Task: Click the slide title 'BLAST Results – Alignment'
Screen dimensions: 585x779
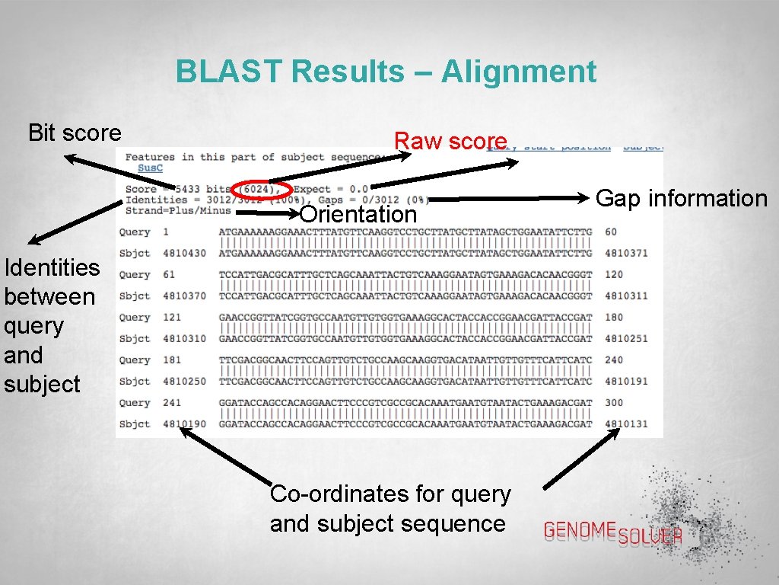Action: [x=386, y=72]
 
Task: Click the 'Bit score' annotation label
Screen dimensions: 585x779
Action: [x=75, y=133]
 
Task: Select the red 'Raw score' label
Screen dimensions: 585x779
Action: [x=450, y=141]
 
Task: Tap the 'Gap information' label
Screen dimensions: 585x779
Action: [x=681, y=199]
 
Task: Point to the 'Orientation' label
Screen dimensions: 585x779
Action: [x=359, y=214]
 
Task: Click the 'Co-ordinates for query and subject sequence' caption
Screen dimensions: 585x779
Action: [x=390, y=509]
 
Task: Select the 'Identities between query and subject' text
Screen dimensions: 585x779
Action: [x=51, y=325]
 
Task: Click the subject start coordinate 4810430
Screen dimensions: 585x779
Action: [x=185, y=253]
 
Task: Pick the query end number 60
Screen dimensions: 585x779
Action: [x=612, y=232]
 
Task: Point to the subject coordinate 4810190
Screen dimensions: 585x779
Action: [x=185, y=424]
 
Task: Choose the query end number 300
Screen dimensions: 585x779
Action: [x=614, y=402]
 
